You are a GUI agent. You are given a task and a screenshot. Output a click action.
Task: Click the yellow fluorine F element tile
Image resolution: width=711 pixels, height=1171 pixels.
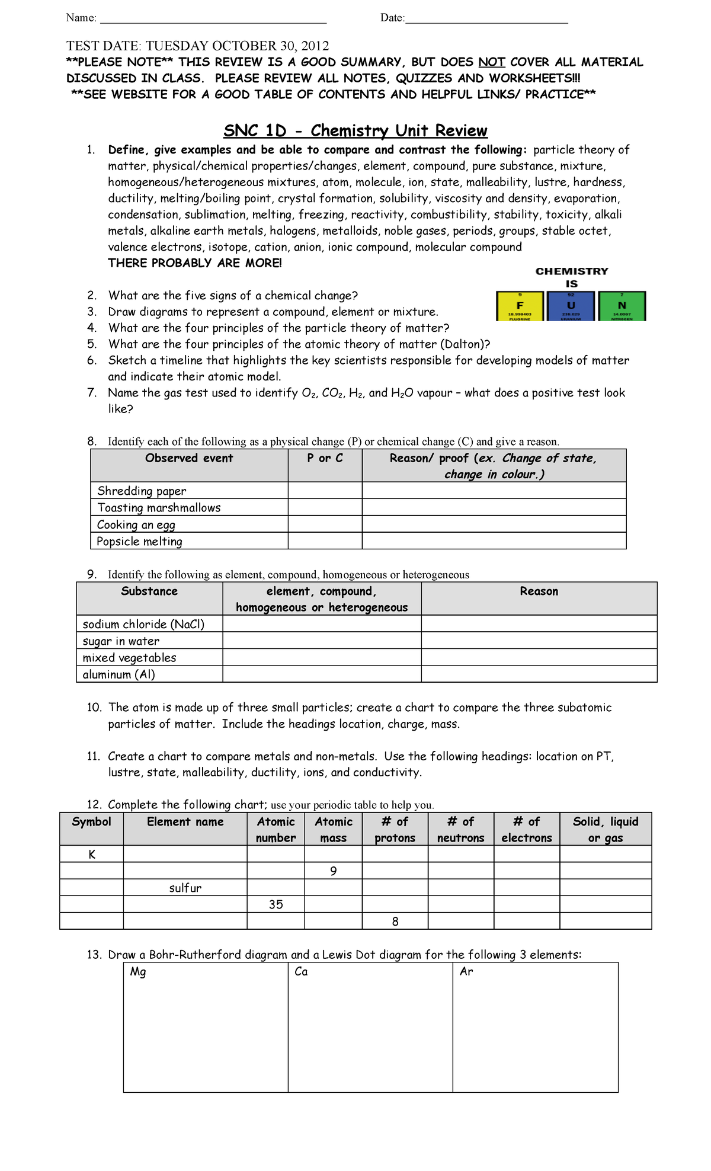click(x=520, y=306)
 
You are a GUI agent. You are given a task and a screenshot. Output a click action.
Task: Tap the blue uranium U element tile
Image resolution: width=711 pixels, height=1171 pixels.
click(x=571, y=306)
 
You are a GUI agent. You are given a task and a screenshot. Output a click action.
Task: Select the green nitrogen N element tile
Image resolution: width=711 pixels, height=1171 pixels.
click(x=622, y=306)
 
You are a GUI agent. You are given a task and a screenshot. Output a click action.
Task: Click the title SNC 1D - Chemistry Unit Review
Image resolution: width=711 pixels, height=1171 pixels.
click(x=355, y=130)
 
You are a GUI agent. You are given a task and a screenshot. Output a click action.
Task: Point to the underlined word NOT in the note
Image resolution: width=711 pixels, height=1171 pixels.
click(x=492, y=62)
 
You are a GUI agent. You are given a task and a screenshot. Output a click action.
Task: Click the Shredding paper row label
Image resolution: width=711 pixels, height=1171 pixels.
click(x=142, y=491)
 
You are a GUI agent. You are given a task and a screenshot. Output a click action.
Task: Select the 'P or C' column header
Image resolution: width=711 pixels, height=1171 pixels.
click(x=325, y=458)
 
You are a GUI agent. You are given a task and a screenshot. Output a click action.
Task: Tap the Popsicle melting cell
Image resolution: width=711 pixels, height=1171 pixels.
click(x=140, y=541)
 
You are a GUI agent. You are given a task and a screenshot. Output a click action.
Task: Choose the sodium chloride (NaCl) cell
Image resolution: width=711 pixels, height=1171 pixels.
click(x=143, y=624)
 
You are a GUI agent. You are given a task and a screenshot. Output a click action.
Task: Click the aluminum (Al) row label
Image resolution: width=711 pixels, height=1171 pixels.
click(x=118, y=674)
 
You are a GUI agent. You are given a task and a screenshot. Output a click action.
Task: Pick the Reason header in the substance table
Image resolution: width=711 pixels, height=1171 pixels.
click(x=539, y=591)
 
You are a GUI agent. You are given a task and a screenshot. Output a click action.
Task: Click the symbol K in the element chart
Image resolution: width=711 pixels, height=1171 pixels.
click(x=92, y=854)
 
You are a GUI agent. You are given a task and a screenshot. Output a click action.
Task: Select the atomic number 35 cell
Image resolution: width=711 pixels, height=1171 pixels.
click(x=276, y=904)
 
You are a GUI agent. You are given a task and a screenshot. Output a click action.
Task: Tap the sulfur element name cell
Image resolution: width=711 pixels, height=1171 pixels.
click(x=185, y=888)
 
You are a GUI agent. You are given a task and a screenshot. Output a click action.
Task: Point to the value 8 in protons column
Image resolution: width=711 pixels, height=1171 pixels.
click(x=395, y=922)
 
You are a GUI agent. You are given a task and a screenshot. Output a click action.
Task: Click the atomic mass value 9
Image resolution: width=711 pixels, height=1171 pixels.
click(x=334, y=871)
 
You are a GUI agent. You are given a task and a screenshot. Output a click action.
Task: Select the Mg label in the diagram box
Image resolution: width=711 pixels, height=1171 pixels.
click(x=138, y=972)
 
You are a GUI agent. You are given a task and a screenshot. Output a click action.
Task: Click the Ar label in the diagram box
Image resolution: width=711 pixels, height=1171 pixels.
click(x=466, y=972)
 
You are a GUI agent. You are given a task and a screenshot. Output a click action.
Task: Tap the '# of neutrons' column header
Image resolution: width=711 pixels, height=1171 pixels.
click(x=460, y=830)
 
